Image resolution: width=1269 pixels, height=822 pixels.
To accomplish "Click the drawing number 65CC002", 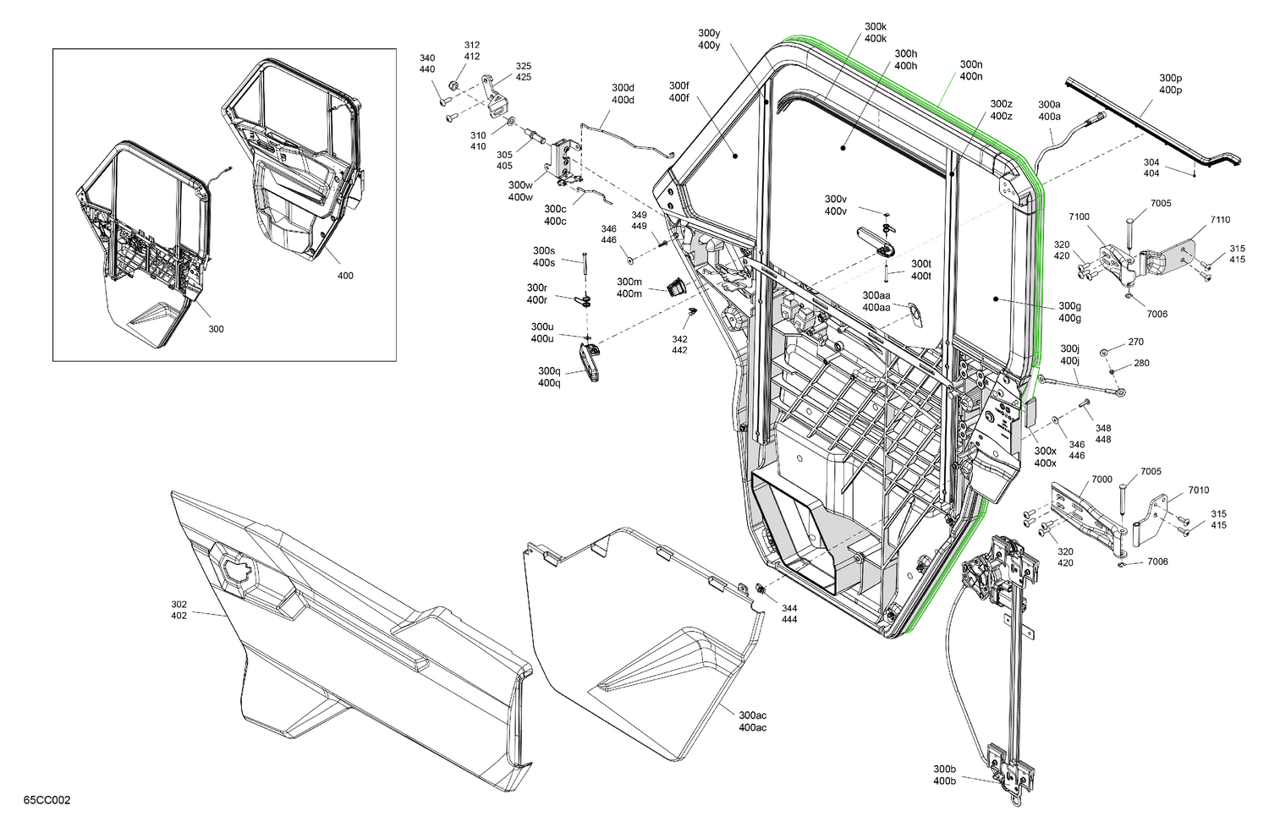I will point(47,800).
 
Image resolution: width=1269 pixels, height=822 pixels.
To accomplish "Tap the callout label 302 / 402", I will point(179,610).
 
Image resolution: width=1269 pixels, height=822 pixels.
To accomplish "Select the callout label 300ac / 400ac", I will point(752,721).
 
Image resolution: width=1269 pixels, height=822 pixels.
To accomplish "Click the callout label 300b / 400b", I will point(944,775).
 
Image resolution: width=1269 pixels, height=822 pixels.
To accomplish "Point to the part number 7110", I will point(1219,220).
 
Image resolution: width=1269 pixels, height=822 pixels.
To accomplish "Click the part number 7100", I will point(1079,217).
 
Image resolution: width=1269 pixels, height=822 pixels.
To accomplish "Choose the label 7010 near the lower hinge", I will point(1198,490).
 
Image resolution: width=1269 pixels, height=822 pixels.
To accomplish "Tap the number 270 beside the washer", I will point(1135,342).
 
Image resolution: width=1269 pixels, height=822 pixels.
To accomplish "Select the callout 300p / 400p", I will point(1170,84).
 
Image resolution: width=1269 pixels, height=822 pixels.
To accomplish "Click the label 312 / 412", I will point(471,51).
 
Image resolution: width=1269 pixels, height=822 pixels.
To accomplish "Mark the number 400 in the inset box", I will point(345,276).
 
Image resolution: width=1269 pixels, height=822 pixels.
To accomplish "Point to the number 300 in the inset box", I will point(216,329).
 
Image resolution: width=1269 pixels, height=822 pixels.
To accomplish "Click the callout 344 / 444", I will point(788,614).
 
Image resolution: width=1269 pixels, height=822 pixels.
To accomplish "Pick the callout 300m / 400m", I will point(629,288).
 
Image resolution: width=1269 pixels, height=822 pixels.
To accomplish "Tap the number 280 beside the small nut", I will point(1141,364).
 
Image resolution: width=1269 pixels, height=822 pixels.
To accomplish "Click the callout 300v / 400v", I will point(835,205).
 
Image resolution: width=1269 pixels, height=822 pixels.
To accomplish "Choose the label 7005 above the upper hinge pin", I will point(1160,204).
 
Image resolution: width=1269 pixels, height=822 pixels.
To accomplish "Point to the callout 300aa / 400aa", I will point(876,301).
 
